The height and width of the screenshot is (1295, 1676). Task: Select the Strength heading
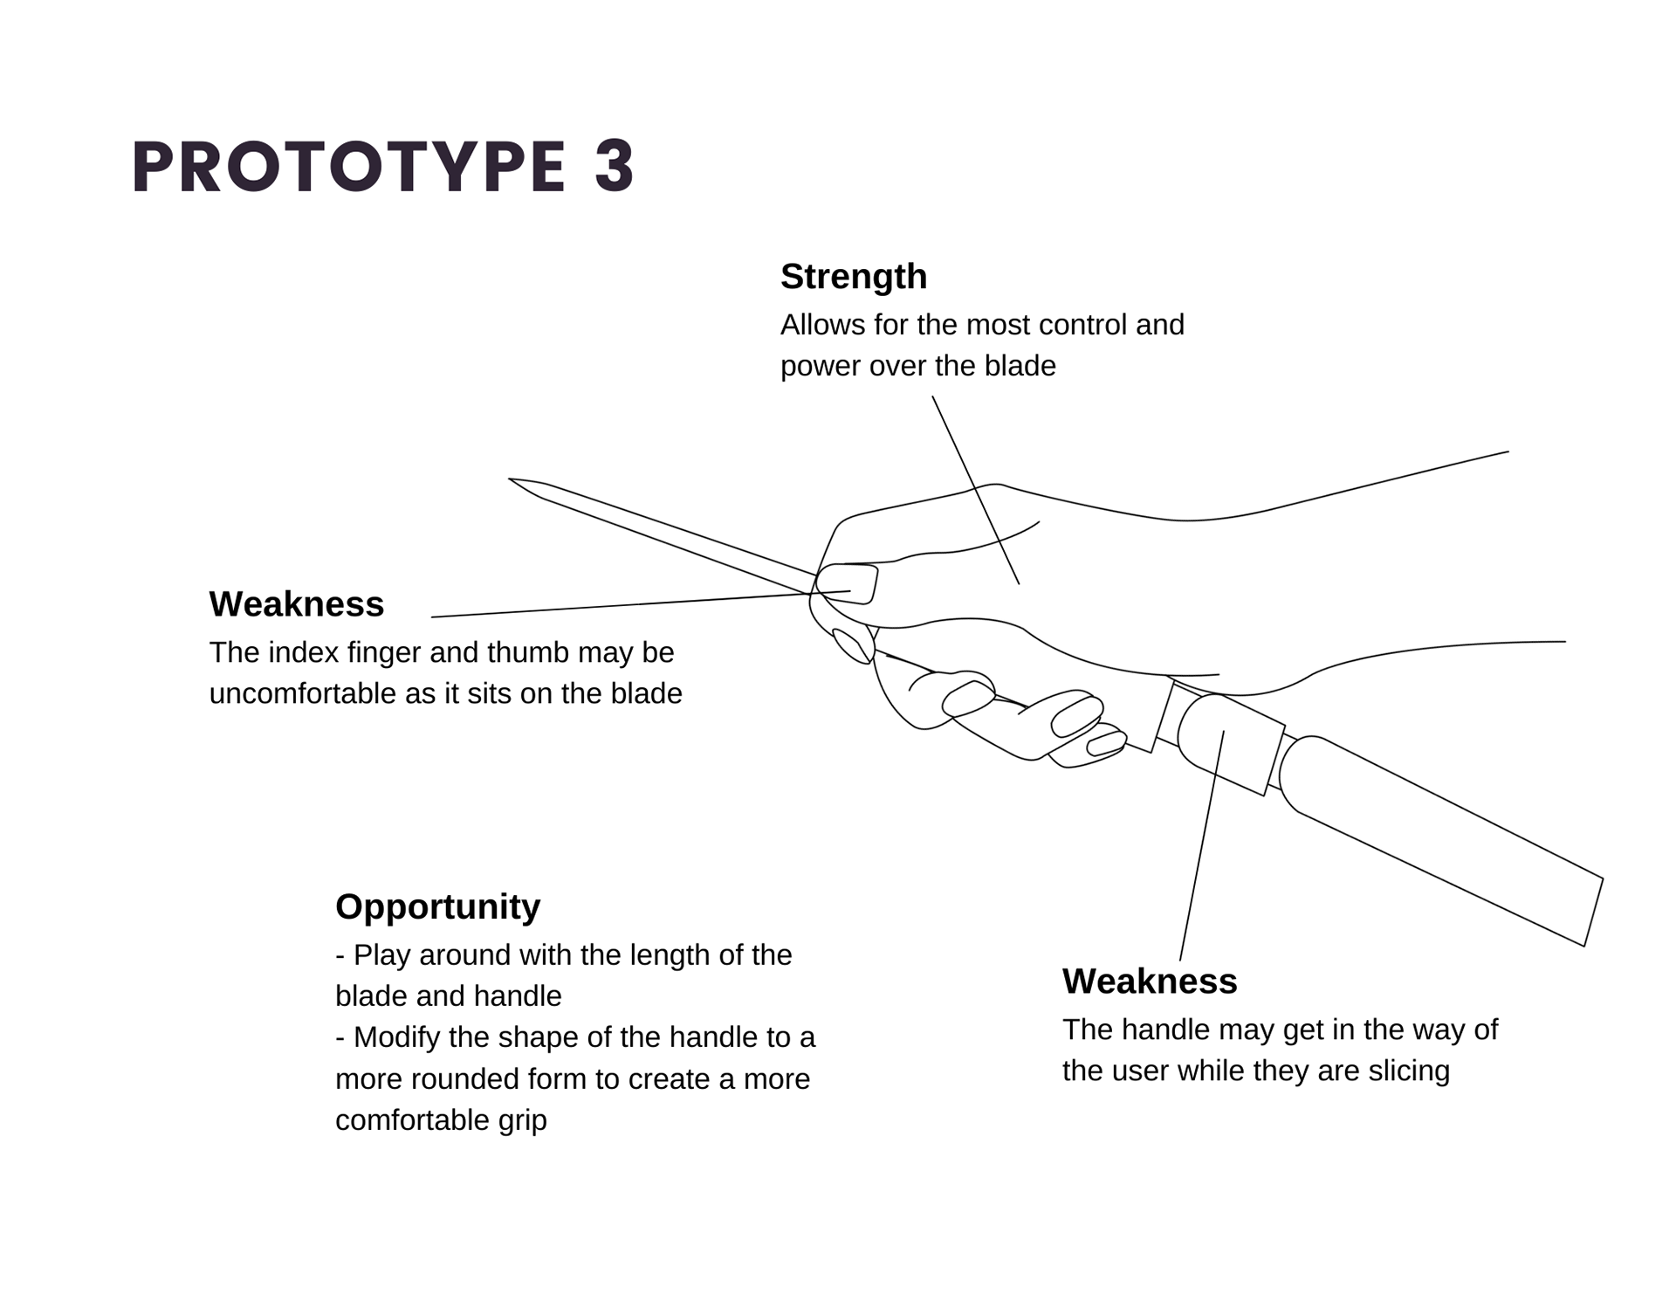853,277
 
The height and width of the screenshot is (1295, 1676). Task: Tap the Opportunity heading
437,906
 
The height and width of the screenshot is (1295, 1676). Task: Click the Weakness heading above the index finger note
296,604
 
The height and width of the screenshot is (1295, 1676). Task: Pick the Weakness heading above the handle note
1149,982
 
